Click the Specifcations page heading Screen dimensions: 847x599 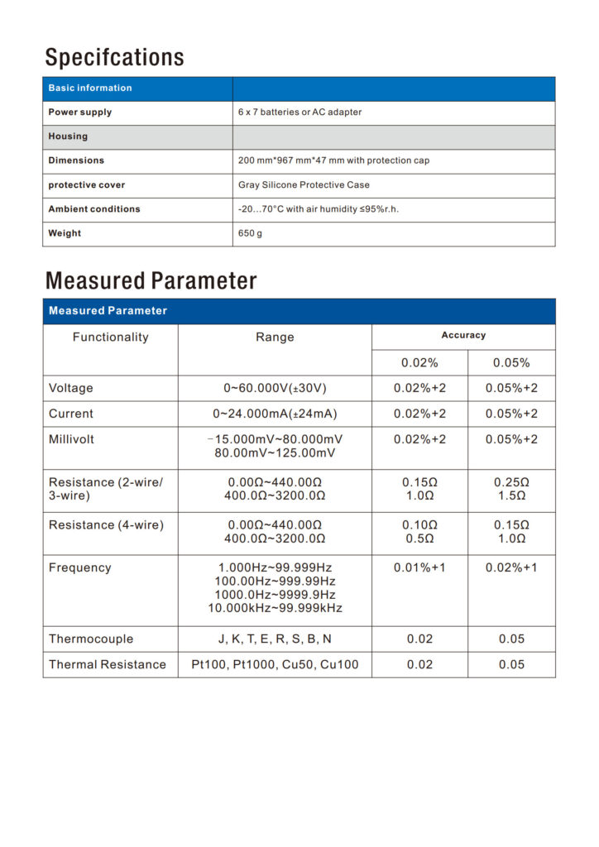click(x=114, y=57)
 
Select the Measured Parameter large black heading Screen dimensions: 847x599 click(x=151, y=280)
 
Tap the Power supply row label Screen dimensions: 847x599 click(x=80, y=112)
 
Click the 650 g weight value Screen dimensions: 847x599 click(x=250, y=234)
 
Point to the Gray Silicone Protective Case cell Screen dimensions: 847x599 click(x=304, y=185)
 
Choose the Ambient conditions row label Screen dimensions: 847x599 click(x=94, y=209)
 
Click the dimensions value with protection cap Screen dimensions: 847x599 click(x=333, y=160)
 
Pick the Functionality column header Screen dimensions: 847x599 click(x=110, y=337)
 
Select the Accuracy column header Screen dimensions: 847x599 click(x=463, y=336)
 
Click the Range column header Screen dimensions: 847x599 click(x=275, y=337)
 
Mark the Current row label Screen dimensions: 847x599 click(x=71, y=414)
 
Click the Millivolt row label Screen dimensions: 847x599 click(x=72, y=440)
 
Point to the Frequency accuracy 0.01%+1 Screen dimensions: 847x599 click(x=419, y=568)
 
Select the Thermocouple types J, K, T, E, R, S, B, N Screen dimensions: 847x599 click(x=275, y=639)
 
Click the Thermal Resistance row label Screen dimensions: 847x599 click(x=108, y=665)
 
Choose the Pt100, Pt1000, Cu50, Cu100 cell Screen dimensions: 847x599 click(x=275, y=665)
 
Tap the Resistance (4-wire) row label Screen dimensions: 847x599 click(x=106, y=525)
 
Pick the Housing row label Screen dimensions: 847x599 click(x=68, y=136)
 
